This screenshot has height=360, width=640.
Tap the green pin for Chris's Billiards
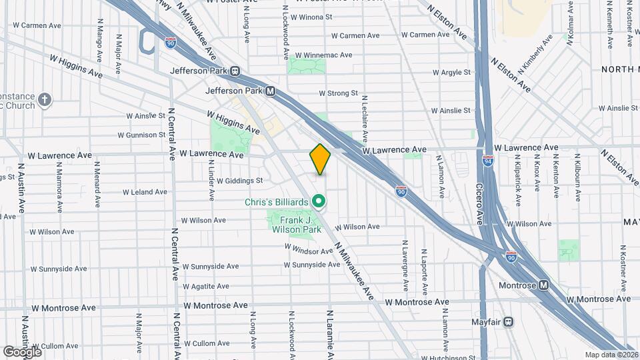[x=319, y=201]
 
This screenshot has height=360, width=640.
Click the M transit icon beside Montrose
[x=544, y=285]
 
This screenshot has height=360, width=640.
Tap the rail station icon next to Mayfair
[x=509, y=321]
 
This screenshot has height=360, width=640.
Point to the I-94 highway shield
[x=489, y=161]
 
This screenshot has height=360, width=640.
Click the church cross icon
[x=45, y=101]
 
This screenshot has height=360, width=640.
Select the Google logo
[x=22, y=351]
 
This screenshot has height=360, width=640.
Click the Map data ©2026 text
[x=611, y=355]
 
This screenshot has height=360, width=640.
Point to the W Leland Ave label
[x=142, y=192]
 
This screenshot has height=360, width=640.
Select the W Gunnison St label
[x=141, y=135]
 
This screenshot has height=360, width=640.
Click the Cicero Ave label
[x=479, y=203]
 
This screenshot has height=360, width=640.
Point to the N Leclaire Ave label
[x=365, y=116]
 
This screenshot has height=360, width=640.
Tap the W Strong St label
[x=339, y=93]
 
